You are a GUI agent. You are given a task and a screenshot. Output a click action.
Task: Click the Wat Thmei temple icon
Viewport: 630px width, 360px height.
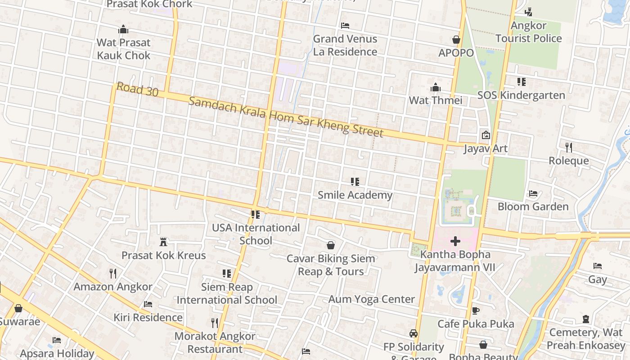(436, 87)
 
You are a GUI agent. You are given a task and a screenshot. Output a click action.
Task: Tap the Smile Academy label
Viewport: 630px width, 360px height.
(355, 195)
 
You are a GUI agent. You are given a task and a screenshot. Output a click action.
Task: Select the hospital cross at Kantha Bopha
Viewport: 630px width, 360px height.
(455, 241)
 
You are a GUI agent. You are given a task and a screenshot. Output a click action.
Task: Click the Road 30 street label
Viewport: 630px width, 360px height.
(137, 89)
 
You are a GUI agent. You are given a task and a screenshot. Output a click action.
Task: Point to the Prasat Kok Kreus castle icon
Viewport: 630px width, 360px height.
(163, 242)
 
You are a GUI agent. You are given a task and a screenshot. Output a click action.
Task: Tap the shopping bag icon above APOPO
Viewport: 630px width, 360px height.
(456, 40)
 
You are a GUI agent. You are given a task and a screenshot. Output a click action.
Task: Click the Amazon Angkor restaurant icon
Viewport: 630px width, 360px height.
(113, 273)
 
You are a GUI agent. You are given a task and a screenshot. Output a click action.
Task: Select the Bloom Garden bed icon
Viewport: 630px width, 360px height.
(533, 193)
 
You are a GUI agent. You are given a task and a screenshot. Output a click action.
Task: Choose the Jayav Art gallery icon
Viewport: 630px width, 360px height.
(486, 135)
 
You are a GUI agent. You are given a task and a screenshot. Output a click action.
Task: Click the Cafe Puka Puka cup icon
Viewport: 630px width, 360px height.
(476, 310)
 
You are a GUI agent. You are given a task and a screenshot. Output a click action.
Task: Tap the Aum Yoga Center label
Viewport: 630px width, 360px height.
(372, 299)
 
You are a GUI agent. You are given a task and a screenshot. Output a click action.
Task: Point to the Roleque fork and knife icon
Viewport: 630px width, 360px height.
(569, 147)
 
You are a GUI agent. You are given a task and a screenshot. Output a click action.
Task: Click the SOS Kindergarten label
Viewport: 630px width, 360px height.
(521, 95)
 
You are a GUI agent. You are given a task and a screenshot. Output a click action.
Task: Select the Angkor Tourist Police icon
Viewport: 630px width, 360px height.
(529, 12)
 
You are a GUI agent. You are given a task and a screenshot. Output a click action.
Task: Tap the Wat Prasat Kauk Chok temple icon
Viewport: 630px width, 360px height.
(123, 30)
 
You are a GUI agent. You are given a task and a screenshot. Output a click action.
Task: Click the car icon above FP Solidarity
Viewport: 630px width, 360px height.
(414, 333)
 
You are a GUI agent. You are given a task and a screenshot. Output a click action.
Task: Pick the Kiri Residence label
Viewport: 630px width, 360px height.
(148, 317)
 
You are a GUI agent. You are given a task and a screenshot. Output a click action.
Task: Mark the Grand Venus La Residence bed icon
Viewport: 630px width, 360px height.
(345, 25)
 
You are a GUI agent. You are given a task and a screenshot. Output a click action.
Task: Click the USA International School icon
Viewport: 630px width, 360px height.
(256, 215)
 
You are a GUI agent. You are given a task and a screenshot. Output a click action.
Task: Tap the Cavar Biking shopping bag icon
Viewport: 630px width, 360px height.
(331, 245)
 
